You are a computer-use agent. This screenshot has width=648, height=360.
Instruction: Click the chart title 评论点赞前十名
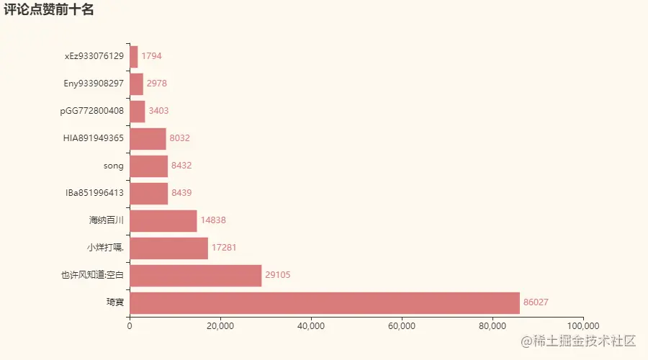[x=49, y=10]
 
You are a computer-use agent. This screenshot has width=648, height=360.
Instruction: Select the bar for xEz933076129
[x=133, y=56]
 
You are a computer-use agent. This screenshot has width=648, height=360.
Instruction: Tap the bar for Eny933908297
[x=136, y=84]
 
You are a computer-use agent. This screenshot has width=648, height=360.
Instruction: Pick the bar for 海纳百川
[x=163, y=220]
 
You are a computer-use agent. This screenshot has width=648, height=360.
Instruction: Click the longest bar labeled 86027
[x=324, y=302]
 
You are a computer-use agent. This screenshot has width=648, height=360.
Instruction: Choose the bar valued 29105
[x=195, y=275]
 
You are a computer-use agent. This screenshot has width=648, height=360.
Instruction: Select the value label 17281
[x=224, y=248]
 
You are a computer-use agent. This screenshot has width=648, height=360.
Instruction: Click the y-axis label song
[x=114, y=166]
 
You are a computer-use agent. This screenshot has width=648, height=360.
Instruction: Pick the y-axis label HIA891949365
[x=94, y=138]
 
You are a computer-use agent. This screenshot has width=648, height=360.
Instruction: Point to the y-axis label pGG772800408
[x=92, y=111]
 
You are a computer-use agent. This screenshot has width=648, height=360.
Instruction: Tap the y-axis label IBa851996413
[x=94, y=193]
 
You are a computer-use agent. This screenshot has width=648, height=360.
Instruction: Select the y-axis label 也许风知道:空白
[x=93, y=275]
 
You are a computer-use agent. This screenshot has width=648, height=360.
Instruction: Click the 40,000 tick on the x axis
[x=310, y=325]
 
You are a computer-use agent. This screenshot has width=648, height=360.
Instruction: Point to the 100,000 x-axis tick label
[x=582, y=325]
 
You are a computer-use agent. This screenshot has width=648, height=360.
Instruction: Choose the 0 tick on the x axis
[x=130, y=325]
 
